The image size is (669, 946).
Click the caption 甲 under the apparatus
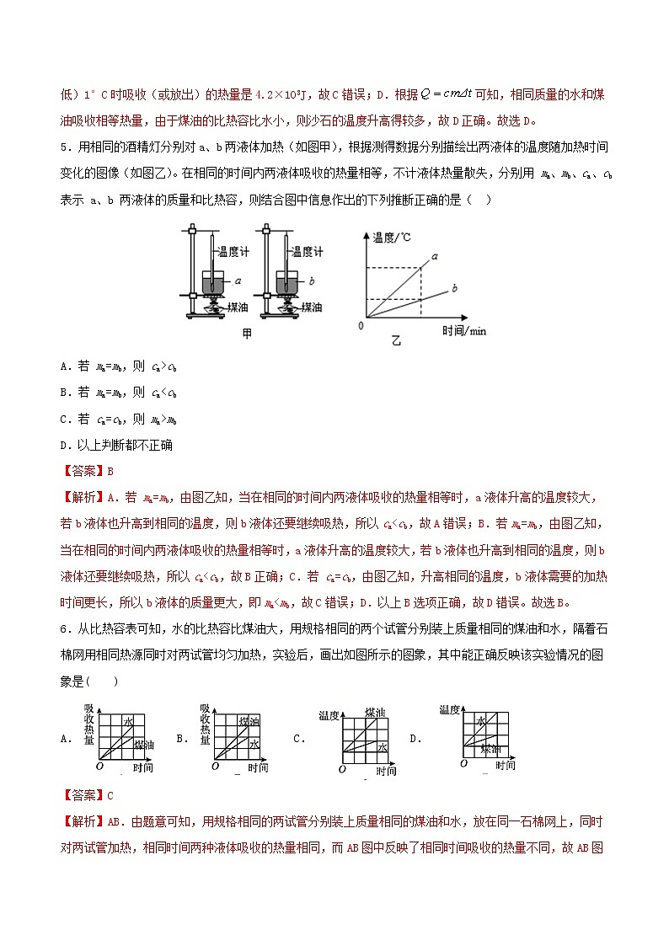click(247, 334)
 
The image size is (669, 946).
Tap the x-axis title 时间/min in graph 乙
click(464, 330)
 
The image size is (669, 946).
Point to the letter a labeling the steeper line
click(435, 254)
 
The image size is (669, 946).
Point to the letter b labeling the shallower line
click(453, 288)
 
